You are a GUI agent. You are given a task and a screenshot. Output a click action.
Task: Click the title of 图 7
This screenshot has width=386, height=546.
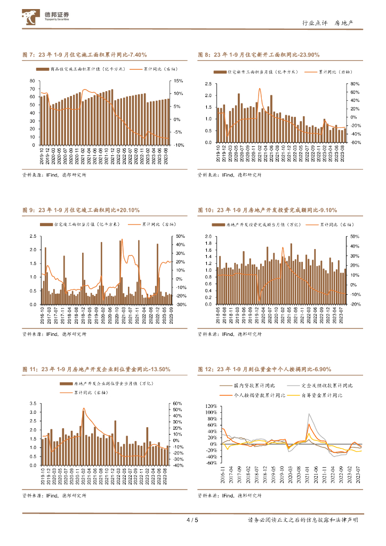84,55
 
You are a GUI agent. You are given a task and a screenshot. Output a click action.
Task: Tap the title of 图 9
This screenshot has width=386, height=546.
81,211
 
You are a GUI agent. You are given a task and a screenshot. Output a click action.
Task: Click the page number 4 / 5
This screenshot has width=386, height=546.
192,520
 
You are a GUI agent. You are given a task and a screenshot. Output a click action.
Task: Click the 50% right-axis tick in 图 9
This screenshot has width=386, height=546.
180,236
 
